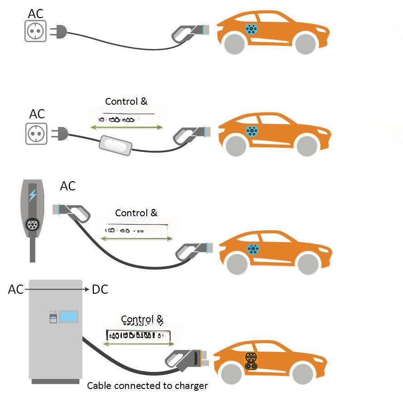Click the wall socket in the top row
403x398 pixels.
36,31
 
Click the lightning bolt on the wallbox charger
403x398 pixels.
32,195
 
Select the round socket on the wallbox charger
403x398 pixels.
32,224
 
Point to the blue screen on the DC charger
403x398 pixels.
68,316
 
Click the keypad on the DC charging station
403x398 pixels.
53,317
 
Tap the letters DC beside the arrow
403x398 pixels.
100,289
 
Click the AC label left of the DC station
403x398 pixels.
16,289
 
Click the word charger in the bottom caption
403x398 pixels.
192,386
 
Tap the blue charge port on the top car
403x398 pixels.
251,29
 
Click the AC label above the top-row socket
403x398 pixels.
36,14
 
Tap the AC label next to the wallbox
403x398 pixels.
68,186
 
